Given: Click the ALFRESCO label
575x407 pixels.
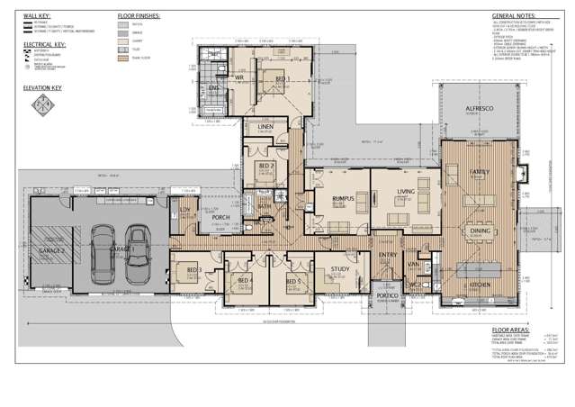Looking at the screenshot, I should pos(474,109).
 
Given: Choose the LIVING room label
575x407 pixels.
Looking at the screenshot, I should pos(406,191).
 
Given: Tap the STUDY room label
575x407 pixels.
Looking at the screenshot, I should pos(339,268).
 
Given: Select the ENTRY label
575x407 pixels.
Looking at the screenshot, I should pos(388,256).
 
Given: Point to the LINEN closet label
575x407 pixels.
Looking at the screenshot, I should pos(265,128).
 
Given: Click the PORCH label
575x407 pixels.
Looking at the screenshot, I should pos(221,218).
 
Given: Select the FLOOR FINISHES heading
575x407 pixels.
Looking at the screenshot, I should pos(139,16).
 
